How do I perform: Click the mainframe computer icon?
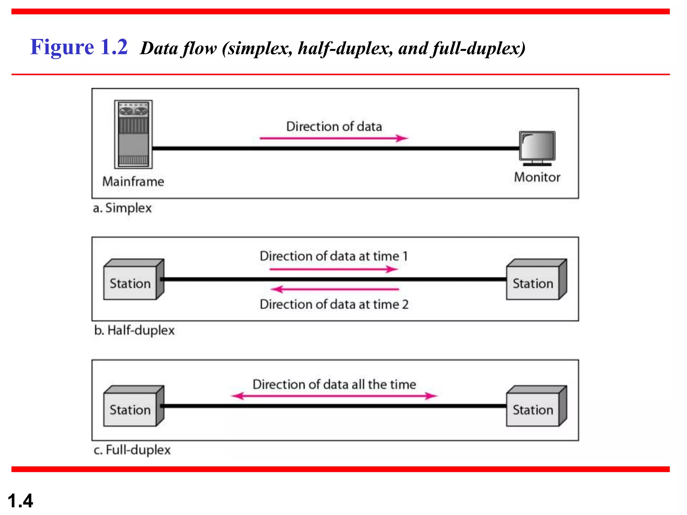(133, 134)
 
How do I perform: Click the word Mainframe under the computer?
(133, 181)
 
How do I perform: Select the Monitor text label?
(537, 177)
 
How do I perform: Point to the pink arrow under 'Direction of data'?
(333, 138)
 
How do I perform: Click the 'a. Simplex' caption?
(122, 208)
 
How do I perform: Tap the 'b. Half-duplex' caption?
(134, 330)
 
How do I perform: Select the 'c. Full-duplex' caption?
(132, 450)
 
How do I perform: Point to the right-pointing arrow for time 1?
(333, 269)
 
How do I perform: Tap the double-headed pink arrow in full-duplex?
(334, 396)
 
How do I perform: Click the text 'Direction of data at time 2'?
(334, 304)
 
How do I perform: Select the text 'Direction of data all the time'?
(334, 384)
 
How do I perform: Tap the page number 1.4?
(20, 501)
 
